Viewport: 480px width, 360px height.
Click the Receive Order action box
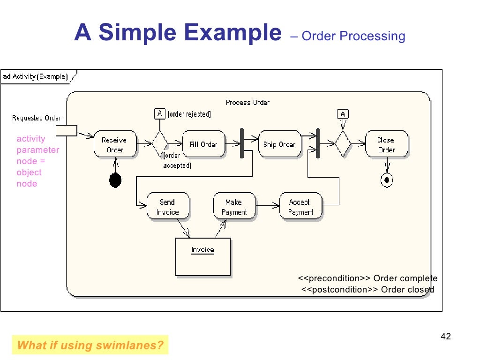click(x=115, y=144)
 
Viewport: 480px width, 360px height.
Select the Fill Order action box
click(x=203, y=144)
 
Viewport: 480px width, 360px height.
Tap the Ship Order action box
click(x=279, y=144)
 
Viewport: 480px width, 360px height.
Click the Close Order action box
click(x=386, y=144)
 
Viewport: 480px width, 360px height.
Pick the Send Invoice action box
click(x=168, y=207)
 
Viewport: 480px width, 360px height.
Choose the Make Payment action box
click(x=234, y=207)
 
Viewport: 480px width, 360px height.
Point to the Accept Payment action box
click(x=300, y=207)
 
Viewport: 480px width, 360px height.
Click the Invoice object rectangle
click(x=203, y=257)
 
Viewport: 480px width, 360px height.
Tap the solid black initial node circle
click(x=115, y=180)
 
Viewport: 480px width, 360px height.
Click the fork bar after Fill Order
click(x=242, y=143)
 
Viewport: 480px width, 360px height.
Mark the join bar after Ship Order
click(x=318, y=143)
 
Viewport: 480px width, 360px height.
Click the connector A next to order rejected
click(x=160, y=113)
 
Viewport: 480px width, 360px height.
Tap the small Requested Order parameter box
click(x=66, y=131)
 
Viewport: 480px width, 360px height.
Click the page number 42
click(x=446, y=337)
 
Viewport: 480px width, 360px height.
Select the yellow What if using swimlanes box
click(x=90, y=346)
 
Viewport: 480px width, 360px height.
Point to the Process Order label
click(x=247, y=102)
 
